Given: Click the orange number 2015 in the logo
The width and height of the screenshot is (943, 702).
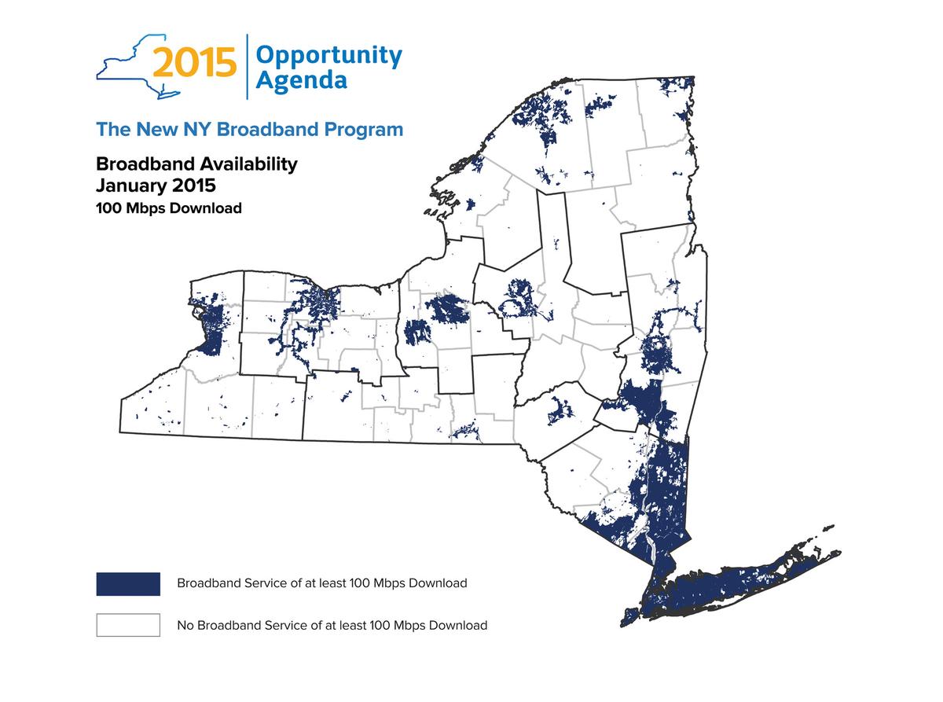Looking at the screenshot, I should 194,64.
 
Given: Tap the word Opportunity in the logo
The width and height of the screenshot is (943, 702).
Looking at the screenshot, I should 328,55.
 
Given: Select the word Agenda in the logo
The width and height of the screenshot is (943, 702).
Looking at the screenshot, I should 302,80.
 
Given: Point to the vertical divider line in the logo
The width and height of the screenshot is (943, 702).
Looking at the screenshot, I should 248,67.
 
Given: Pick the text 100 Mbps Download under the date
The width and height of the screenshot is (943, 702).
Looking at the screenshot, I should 168,208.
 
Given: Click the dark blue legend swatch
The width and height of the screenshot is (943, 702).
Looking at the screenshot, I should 128,583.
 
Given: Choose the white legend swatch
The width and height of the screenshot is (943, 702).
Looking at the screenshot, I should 128,625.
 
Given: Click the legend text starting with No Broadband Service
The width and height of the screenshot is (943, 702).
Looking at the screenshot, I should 332,626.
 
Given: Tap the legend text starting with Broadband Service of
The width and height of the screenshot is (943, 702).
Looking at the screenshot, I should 321,583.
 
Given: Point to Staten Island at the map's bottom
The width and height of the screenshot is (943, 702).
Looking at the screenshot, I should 629,616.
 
